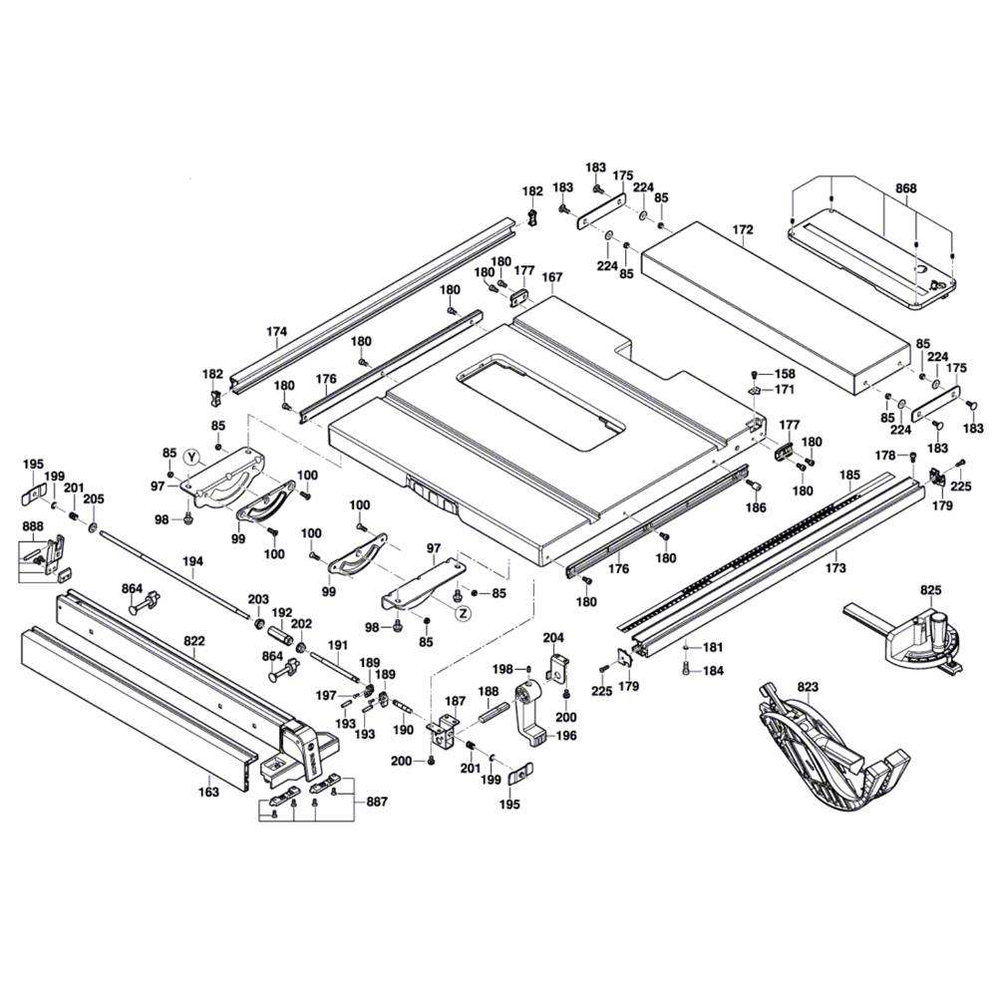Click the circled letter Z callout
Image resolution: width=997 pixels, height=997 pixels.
point(463,613)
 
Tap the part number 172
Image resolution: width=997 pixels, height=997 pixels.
point(743,230)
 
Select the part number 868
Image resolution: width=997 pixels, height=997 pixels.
point(906,188)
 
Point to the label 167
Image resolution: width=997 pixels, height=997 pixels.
point(552,277)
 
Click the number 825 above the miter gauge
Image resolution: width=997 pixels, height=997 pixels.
point(930,590)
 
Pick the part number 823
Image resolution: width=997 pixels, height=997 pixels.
point(808,686)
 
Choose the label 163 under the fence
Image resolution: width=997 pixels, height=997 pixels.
point(208,793)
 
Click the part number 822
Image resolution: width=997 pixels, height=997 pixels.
point(195,643)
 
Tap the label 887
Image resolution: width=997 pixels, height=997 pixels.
point(376,802)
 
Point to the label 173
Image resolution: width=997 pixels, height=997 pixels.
point(835,568)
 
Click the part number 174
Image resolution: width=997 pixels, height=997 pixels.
point(277,331)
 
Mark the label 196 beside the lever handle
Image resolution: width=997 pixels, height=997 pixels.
point(565,736)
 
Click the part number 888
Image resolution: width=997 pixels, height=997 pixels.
point(32,526)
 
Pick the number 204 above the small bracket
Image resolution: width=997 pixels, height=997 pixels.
point(553,636)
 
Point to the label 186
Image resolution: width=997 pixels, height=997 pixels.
point(757,508)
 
